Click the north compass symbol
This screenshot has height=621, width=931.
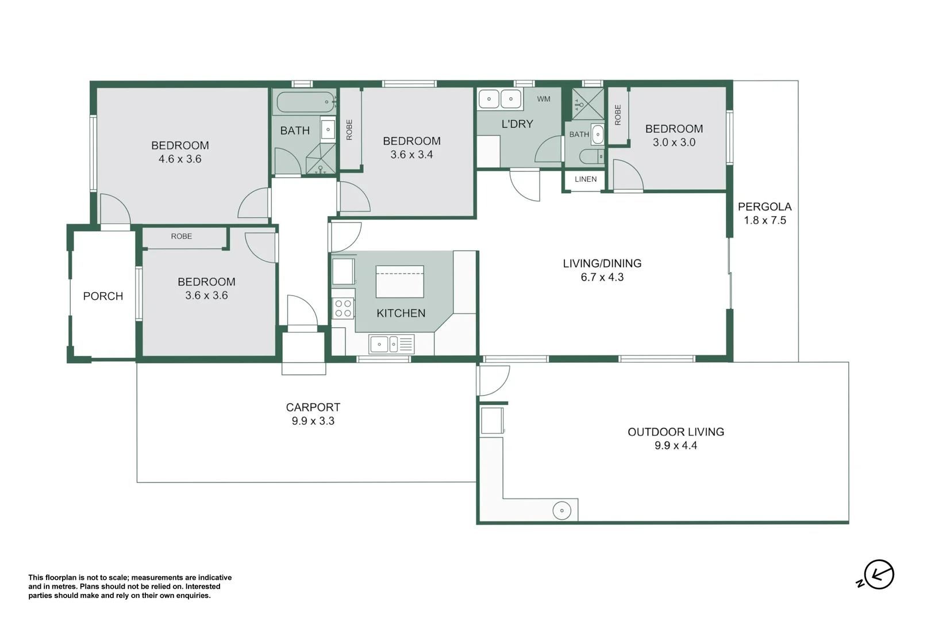point(878,574)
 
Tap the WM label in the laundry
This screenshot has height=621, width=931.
point(544,99)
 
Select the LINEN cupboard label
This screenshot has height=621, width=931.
point(586,179)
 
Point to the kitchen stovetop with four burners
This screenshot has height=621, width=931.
point(343,309)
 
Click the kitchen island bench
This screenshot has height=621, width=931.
point(400,282)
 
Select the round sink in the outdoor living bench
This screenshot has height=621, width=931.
point(561,511)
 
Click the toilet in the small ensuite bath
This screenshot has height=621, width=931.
point(591,156)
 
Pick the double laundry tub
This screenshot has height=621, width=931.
point(500,99)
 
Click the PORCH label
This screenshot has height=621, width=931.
point(103,296)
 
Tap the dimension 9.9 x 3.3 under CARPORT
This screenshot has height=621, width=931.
point(313,421)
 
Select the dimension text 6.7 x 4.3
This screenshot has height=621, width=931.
point(602,277)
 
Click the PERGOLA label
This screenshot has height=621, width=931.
point(764,206)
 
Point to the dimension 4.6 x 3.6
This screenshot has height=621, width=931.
point(180,159)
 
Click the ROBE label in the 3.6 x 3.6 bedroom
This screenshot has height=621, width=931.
point(182,236)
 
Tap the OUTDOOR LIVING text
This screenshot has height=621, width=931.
point(676,432)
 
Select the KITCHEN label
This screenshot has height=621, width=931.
point(401,313)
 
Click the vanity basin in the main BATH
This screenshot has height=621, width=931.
point(328,129)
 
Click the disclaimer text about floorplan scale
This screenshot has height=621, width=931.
point(130,586)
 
